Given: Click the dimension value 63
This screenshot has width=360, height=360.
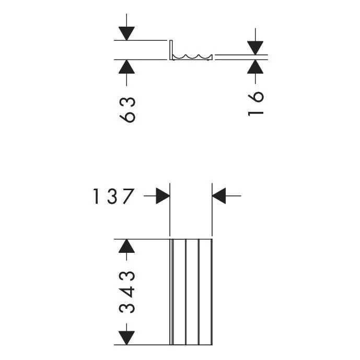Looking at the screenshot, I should (127, 109).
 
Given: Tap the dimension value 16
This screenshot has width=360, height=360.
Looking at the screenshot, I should (256, 103).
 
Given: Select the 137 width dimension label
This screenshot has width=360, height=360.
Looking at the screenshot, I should (114, 196).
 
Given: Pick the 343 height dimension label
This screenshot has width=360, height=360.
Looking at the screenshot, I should (127, 292).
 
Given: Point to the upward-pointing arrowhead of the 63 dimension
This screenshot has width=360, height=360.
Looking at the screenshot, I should (126, 66).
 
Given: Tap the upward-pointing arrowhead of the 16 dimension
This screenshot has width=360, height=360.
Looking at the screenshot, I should (256, 66).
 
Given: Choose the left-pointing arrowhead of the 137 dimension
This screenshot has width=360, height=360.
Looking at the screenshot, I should (219, 196).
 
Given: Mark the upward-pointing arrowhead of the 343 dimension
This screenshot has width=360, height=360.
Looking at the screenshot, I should (126, 246).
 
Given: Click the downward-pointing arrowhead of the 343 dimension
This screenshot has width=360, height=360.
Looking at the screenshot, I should (126, 338).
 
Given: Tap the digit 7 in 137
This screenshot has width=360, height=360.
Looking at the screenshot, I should (129, 196).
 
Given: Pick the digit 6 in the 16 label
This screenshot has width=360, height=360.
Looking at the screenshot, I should (256, 97).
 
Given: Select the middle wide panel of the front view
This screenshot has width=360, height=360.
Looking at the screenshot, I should (192, 292).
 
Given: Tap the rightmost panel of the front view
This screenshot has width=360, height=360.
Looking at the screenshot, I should (205, 292).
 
